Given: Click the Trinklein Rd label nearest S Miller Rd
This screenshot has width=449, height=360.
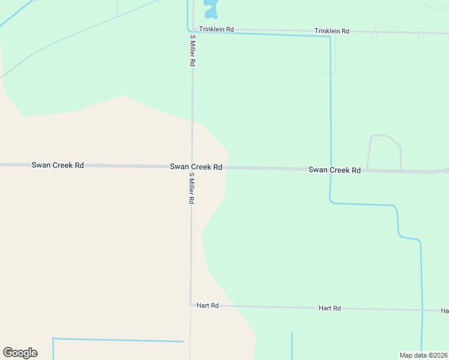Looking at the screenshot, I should click(x=217, y=28).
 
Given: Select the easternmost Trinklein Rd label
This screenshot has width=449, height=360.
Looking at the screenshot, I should click(x=332, y=31).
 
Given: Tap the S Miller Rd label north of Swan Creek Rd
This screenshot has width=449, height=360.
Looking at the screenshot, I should click(x=193, y=50).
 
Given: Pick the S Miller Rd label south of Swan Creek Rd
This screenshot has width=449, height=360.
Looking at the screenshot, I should click(x=191, y=188).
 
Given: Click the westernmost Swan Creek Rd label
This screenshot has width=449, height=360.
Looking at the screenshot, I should click(x=58, y=164).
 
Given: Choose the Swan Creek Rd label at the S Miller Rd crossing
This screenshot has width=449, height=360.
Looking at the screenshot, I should click(x=196, y=167).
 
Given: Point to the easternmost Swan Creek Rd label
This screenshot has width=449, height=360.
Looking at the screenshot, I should click(x=334, y=170).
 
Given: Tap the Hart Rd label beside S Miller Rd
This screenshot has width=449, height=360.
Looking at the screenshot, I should click(x=207, y=305).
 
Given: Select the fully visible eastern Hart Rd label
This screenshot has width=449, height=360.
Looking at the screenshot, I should click(x=330, y=308).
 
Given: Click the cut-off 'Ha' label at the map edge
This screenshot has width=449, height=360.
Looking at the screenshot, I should click(x=444, y=311).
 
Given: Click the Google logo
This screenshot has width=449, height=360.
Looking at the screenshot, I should click(x=20, y=353).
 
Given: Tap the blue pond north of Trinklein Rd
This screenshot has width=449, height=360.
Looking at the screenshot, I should click(x=211, y=9).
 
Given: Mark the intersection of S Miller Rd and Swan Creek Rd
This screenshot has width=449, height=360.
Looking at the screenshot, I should click(x=191, y=166).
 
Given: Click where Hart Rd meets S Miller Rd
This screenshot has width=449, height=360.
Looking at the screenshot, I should click(x=191, y=305).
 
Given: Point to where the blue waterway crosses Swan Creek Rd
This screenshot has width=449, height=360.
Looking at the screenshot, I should click(x=330, y=169).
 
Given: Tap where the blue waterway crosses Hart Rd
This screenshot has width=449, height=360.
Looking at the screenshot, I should click(x=422, y=310).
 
